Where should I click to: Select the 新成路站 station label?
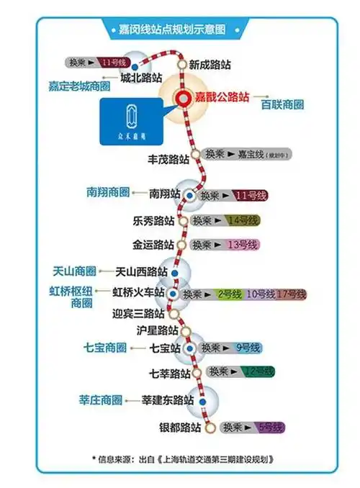pyautogui.click(x=210, y=65)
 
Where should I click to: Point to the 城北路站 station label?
pyautogui.click(x=141, y=77)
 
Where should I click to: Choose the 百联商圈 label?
pyautogui.click(x=282, y=104)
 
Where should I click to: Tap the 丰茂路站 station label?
pyautogui.click(x=169, y=158)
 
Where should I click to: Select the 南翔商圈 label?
pyautogui.click(x=107, y=193)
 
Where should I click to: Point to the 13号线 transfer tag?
pyautogui.click(x=242, y=245)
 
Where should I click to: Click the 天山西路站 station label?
pyautogui.click(x=142, y=272)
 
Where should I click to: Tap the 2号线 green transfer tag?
pyautogui.click(x=228, y=294)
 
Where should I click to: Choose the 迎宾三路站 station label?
pyautogui.click(x=139, y=314)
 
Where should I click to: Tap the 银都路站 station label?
pyautogui.click(x=179, y=428)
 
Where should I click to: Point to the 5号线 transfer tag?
pyautogui.click(x=270, y=427)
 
